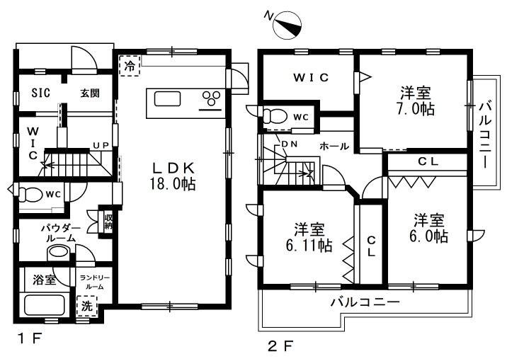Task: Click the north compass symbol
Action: pos(287,25)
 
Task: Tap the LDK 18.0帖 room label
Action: pos(173,176)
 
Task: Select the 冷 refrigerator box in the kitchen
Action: pos(130,66)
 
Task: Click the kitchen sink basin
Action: pos(167,99)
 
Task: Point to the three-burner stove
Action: pos(211,98)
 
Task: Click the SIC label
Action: pos(41,93)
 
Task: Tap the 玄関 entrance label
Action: pos(89,93)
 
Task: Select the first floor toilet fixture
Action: pos(30,195)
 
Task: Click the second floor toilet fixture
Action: pos(275,117)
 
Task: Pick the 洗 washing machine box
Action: pos(86,306)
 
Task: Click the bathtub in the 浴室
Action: pos(45,305)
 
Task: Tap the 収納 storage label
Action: pos(108,222)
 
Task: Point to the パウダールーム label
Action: pos(61,234)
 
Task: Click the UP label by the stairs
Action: pos(101,145)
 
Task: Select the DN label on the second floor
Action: pos(290,144)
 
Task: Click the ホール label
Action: pos(334,147)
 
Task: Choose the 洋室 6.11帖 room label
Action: pos(309,238)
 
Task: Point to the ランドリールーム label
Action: pos(94,282)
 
